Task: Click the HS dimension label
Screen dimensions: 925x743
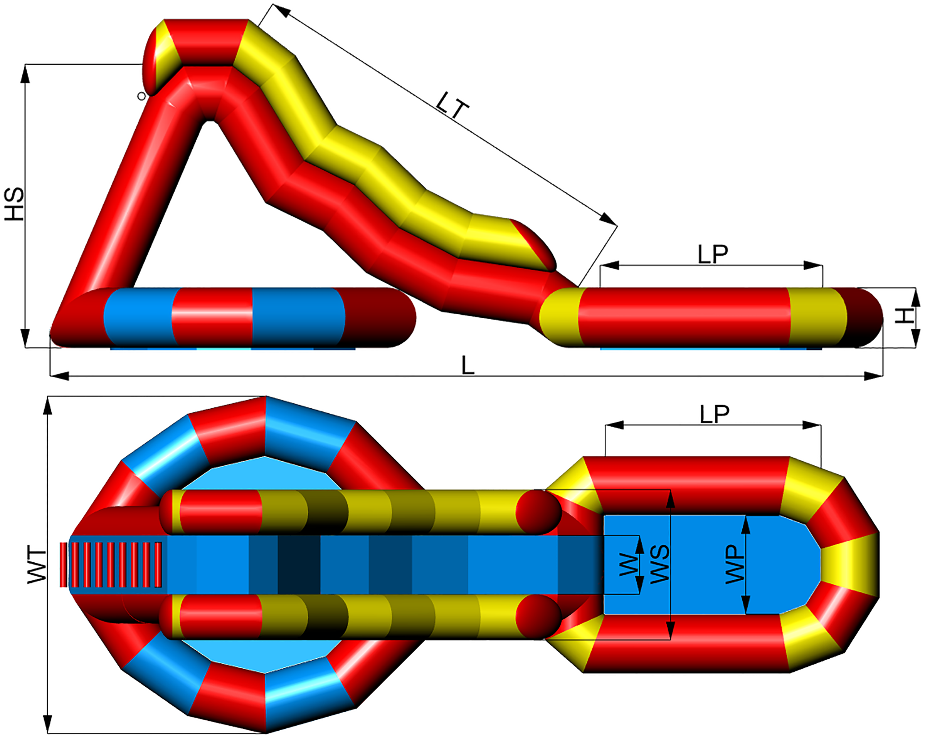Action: point(15,204)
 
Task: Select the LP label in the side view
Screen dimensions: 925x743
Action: point(713,254)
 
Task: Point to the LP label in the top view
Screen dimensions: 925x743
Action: point(714,414)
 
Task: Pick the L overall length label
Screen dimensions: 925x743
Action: point(468,366)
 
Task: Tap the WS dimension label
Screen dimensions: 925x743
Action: point(659,564)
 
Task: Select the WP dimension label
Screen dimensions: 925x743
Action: point(735,564)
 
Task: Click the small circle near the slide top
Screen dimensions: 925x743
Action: point(141,96)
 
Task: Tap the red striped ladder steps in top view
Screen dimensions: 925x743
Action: point(111,564)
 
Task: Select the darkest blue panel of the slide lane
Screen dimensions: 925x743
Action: point(299,564)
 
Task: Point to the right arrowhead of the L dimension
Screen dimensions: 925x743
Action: point(873,376)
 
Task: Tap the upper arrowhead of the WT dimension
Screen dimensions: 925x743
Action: point(48,406)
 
